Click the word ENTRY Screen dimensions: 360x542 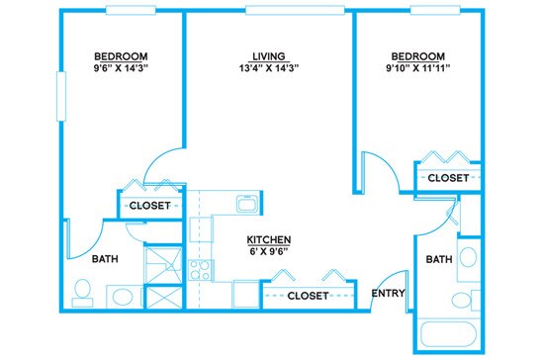[x=387, y=294]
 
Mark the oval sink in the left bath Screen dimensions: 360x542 [x=122, y=295]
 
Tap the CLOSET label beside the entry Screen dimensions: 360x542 [x=307, y=296]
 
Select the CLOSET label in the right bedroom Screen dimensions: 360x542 [x=448, y=177]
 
